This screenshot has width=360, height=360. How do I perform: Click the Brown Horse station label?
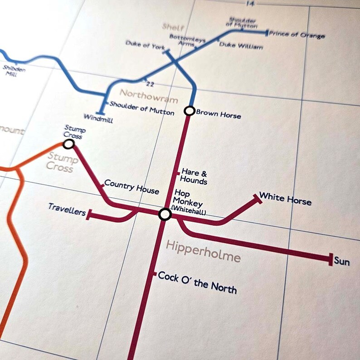218,115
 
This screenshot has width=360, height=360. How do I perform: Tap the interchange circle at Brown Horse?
189,111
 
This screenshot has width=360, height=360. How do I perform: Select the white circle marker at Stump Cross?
69,144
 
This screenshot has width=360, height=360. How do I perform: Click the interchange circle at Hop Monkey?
165,214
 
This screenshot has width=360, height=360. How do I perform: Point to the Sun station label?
342,261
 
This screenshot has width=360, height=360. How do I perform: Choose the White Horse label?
285,199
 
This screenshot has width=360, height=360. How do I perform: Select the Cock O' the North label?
197,282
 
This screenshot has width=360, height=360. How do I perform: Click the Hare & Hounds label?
194,176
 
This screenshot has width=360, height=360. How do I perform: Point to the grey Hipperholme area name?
203,251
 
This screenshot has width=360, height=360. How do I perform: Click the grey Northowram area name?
149,96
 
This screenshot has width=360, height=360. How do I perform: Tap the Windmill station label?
98,120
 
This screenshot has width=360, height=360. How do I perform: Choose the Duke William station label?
241,46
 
